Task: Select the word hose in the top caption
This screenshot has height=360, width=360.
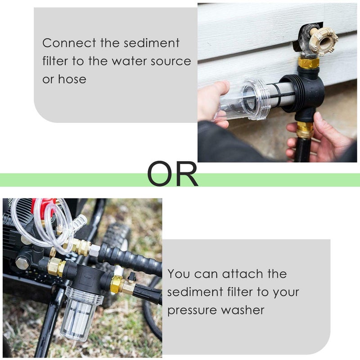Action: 72,79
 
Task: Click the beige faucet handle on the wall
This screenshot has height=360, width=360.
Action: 322,41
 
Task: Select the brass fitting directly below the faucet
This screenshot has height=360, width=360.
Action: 308,62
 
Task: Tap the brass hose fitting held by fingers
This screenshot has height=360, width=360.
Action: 306,130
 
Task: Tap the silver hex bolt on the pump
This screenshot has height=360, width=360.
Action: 22,262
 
